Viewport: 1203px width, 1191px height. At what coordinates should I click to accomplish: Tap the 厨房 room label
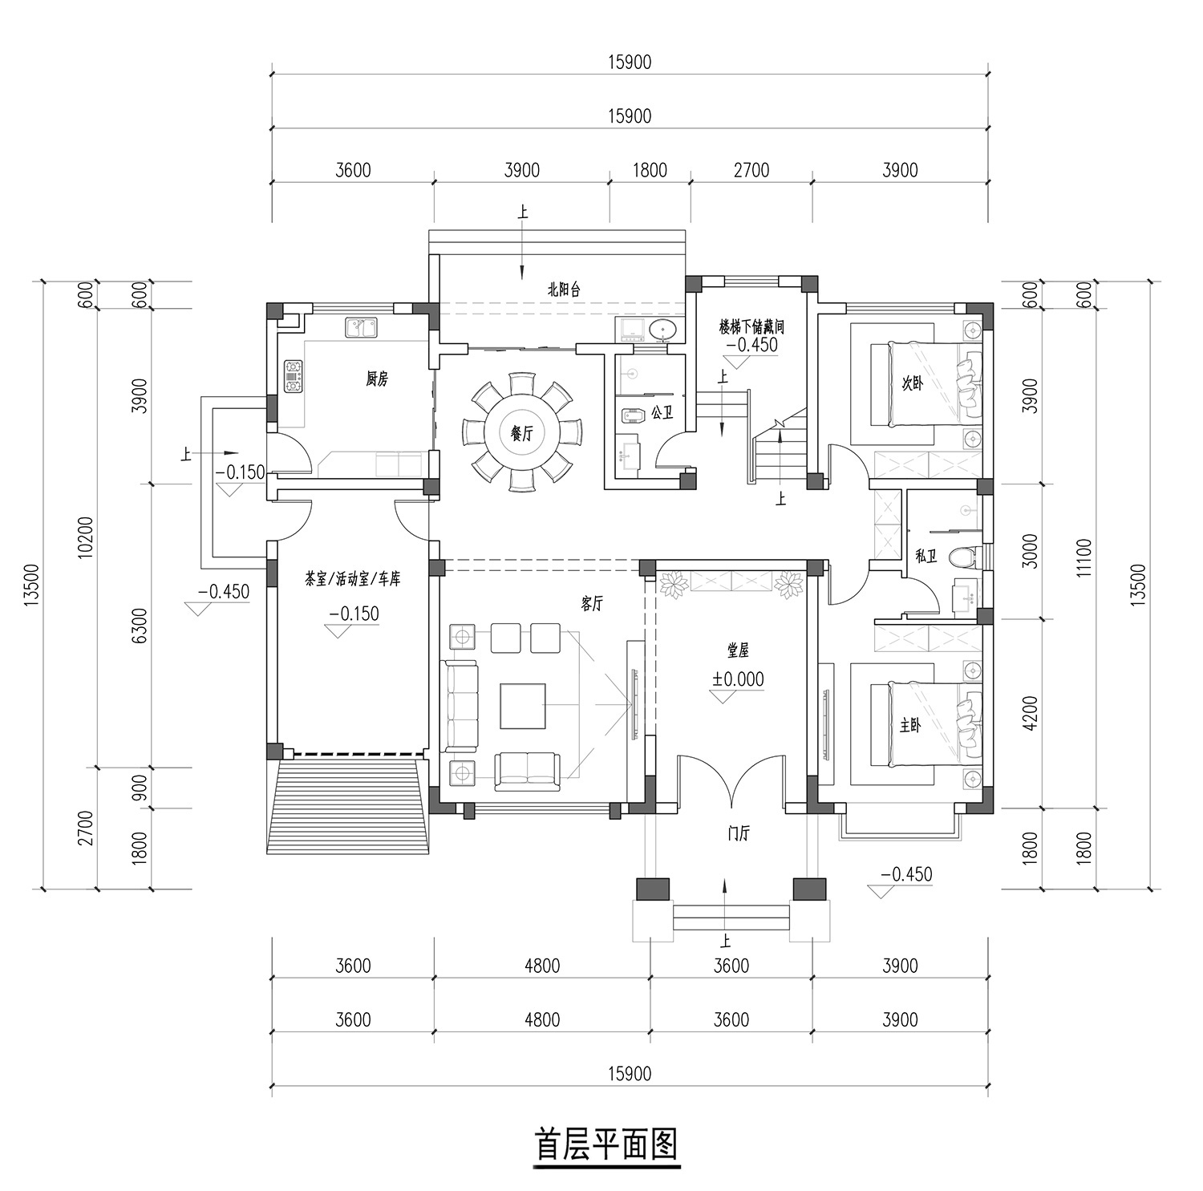point(377,379)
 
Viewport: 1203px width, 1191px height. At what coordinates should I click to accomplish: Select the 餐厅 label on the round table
point(522,434)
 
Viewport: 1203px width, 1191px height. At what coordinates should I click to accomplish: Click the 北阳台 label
point(564,290)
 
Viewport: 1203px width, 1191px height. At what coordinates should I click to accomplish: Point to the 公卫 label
point(662,413)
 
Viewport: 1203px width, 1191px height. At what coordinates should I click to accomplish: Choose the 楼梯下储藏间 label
point(751,327)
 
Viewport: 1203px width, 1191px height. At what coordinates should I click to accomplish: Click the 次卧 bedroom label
point(912,383)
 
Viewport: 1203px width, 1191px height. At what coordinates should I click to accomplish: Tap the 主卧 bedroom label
point(910,726)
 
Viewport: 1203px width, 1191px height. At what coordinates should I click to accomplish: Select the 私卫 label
point(926,555)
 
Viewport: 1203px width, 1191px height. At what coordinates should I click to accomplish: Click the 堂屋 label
point(738,652)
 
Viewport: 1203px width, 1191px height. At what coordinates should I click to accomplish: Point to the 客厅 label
point(592,605)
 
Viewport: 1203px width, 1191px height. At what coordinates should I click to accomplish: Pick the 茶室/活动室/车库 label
point(353,579)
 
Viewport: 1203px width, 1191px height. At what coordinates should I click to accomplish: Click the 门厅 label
point(738,835)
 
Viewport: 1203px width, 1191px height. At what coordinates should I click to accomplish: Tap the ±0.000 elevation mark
point(738,679)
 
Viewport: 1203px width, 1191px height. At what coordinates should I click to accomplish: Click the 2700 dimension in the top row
point(751,170)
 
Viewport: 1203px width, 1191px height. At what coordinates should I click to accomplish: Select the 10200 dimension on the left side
point(87,537)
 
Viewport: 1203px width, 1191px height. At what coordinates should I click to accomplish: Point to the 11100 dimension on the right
point(1084,557)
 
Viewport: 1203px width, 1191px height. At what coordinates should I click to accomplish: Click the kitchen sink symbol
point(362,327)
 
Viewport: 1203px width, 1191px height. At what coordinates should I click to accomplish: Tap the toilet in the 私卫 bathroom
point(961,556)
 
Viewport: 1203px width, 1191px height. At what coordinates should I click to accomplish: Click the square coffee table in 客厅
point(523,706)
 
